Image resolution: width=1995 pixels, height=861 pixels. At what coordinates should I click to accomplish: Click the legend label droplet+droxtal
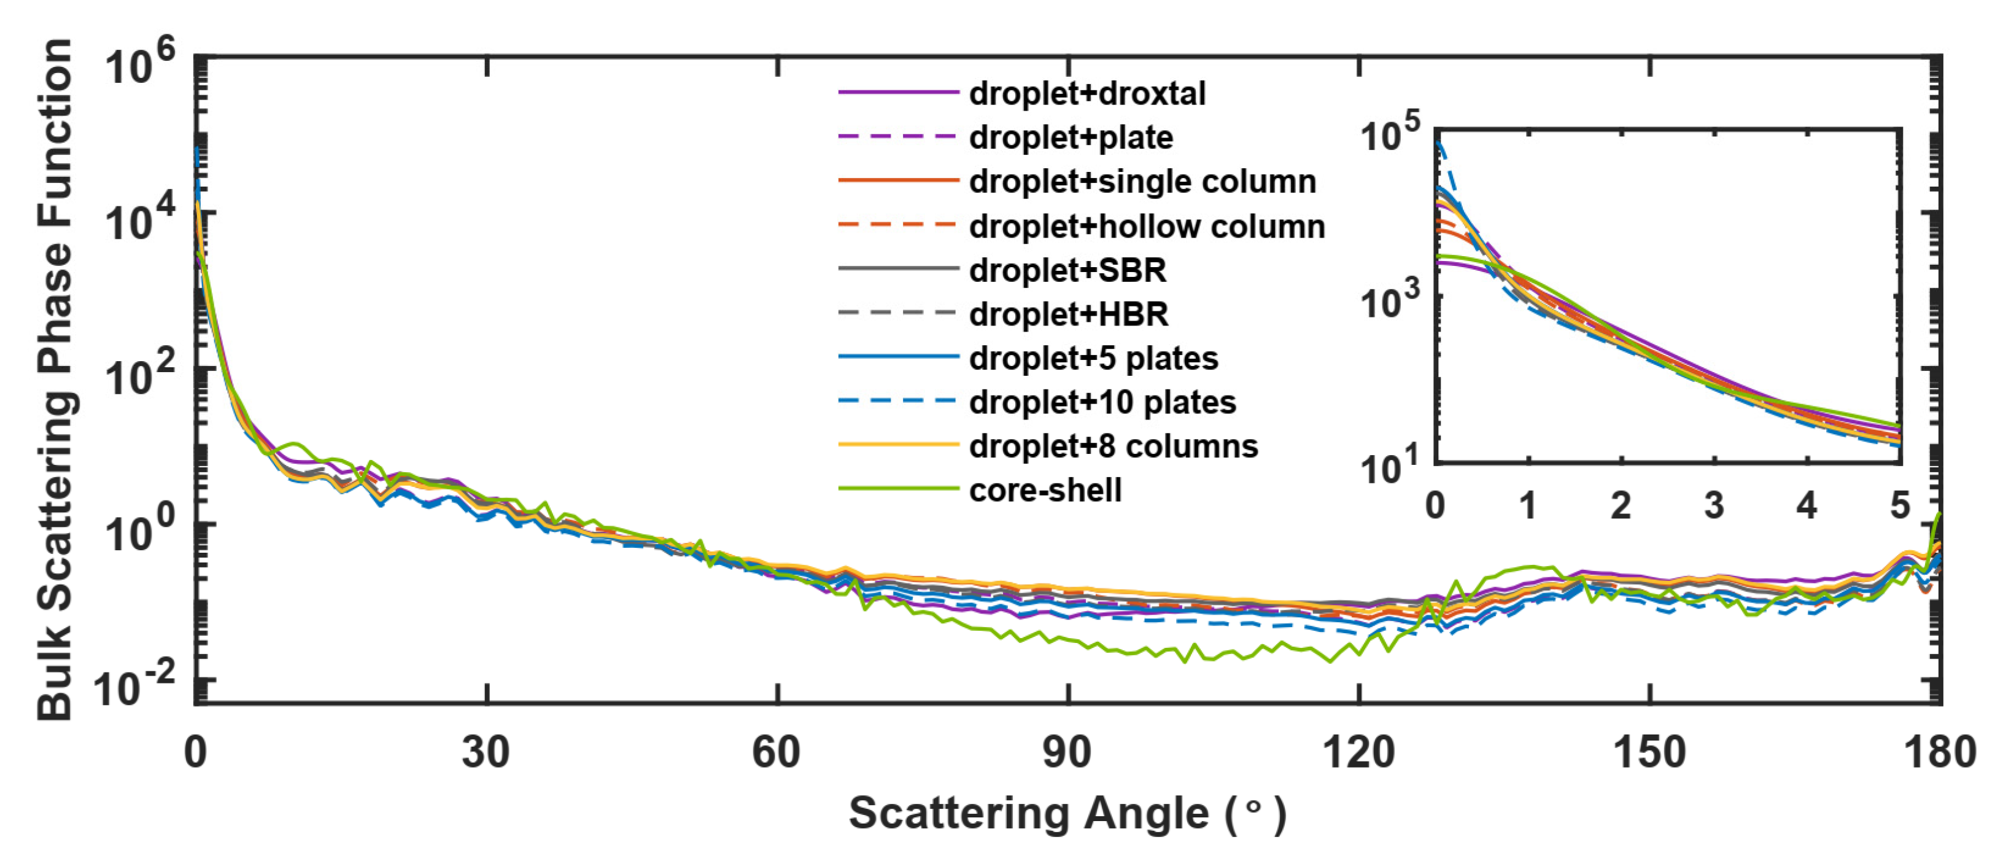click(1087, 94)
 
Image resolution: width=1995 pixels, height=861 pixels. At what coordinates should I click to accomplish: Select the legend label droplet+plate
click(1071, 138)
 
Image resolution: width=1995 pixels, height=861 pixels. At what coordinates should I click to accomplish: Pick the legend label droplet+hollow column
click(1146, 226)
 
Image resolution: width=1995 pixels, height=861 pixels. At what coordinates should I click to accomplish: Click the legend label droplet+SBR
click(1067, 270)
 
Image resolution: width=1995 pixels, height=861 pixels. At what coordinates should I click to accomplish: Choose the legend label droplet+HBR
click(1068, 314)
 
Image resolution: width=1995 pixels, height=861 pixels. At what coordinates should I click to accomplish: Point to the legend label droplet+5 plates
click(1093, 359)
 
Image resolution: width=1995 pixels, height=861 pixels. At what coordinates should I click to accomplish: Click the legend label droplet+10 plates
click(1102, 403)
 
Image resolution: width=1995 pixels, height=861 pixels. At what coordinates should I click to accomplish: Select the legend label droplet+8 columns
click(1113, 447)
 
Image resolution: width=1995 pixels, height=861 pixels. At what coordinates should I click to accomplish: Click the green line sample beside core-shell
click(899, 489)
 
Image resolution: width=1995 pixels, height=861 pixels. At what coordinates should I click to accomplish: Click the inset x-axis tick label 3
click(1714, 506)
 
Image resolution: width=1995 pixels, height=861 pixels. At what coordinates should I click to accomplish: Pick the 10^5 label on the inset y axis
click(1391, 133)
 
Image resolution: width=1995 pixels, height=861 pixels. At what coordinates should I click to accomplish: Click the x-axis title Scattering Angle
click(1067, 814)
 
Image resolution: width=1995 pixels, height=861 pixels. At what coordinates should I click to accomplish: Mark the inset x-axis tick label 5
click(1899, 506)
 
